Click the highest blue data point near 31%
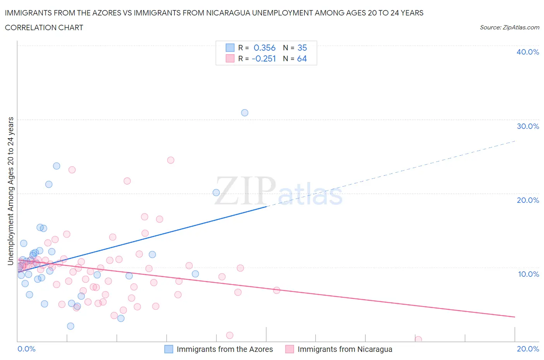pyautogui.click(x=245, y=113)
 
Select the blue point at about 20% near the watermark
pyautogui.click(x=216, y=193)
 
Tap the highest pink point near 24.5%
pyautogui.click(x=171, y=160)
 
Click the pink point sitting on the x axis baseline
pyautogui.click(x=418, y=339)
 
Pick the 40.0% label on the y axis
pyautogui.click(x=528, y=52)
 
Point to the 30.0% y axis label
pyautogui.click(x=528, y=126)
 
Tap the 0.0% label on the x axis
pyautogui.click(x=26, y=349)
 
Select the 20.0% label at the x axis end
pyautogui.click(x=528, y=349)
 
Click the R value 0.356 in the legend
pyautogui.click(x=265, y=48)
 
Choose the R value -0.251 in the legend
pyautogui.click(x=263, y=58)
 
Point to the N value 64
pyautogui.click(x=302, y=58)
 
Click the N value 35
pyautogui.click(x=302, y=48)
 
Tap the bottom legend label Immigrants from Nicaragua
pyautogui.click(x=345, y=349)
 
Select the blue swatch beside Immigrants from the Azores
pyautogui.click(x=169, y=349)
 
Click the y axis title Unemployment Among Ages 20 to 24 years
pyautogui.click(x=11, y=191)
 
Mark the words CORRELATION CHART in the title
pyautogui.click(x=44, y=27)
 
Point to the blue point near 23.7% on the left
pyautogui.click(x=56, y=166)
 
